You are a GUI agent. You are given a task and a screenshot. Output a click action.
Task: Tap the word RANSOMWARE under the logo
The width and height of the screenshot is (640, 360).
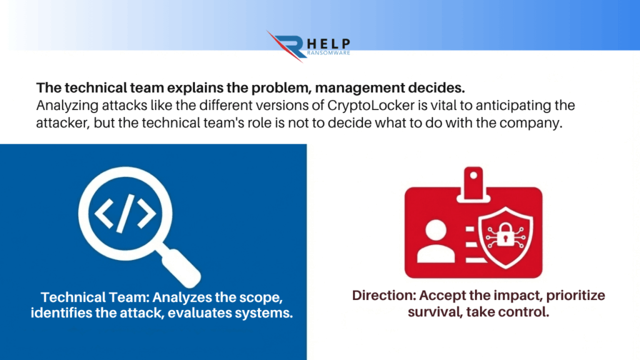[x=329, y=52]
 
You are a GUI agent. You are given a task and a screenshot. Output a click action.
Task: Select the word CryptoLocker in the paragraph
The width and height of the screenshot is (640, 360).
[x=371, y=105]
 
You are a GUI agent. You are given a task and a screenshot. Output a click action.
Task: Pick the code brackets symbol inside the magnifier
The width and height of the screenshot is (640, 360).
[x=125, y=214]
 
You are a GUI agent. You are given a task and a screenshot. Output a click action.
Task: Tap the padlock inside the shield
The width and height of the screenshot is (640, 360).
[x=505, y=235]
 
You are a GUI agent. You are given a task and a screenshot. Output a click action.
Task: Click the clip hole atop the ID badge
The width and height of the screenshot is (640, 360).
[x=474, y=175]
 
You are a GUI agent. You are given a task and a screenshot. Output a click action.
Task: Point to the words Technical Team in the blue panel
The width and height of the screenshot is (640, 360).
[x=95, y=297]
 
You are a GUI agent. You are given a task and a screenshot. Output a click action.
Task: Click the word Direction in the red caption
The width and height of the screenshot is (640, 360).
[x=384, y=296]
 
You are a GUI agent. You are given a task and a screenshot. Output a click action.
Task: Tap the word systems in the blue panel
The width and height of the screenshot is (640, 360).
[x=267, y=313]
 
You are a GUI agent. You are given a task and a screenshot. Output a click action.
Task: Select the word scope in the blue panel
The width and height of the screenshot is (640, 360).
[x=261, y=297]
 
